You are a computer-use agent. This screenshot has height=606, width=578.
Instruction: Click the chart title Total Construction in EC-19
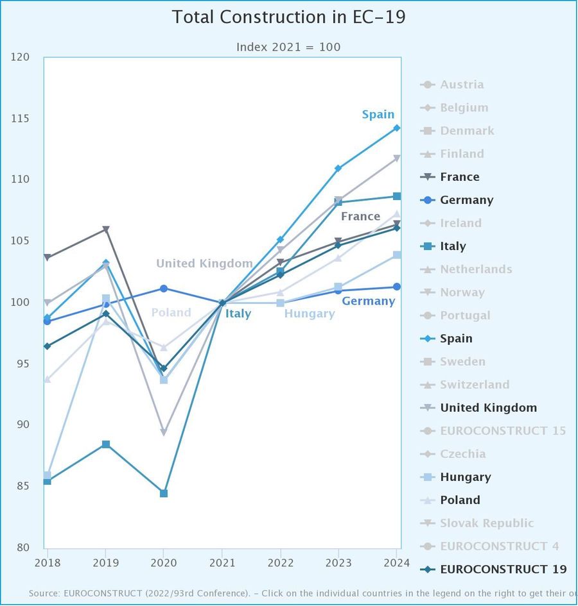(x=288, y=17)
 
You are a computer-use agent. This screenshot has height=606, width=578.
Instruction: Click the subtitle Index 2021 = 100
(x=288, y=47)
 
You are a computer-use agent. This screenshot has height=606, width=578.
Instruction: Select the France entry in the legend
(x=459, y=177)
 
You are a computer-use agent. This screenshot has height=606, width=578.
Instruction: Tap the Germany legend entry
(x=466, y=200)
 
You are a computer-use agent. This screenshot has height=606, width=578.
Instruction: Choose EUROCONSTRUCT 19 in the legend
(x=503, y=569)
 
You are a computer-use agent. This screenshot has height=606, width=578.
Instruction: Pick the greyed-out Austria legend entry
(x=462, y=85)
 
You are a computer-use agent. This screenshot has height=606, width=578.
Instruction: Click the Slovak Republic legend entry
(x=487, y=523)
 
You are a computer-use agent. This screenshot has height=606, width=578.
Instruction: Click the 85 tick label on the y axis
(x=22, y=486)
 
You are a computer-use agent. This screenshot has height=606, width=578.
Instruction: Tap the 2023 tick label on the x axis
(x=338, y=563)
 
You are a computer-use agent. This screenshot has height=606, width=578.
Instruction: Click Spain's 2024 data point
(x=397, y=128)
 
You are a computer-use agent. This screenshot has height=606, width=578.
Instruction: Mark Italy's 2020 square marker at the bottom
(x=164, y=493)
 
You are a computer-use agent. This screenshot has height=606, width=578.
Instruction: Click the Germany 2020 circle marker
(x=164, y=289)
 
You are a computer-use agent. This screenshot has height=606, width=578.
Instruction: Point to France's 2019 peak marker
(x=106, y=230)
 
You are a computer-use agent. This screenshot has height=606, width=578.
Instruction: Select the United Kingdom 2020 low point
(x=164, y=432)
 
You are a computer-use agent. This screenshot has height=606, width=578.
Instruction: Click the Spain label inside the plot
(x=378, y=115)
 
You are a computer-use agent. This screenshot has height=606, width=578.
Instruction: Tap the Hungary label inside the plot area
(x=309, y=314)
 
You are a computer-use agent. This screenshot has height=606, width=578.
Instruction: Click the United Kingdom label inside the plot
(x=204, y=264)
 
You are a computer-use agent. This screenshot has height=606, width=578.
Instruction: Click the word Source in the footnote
(x=44, y=594)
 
